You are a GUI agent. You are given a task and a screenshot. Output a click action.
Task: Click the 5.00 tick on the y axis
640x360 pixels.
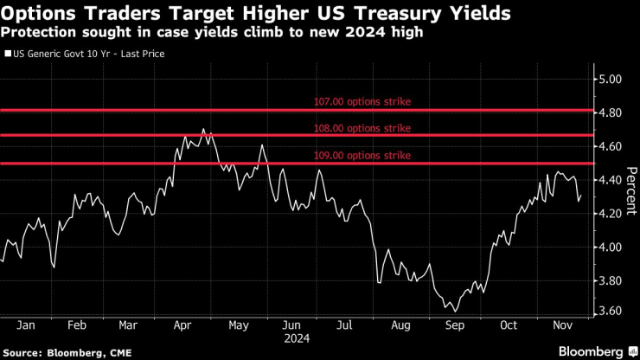point(611,79)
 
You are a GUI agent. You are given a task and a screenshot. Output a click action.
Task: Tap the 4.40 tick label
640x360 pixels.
point(611,180)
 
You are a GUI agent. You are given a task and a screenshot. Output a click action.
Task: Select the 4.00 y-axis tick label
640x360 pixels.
point(611,247)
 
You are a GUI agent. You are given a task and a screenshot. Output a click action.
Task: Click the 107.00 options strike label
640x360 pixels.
point(362,101)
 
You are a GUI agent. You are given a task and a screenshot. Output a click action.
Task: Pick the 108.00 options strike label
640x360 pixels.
point(362,128)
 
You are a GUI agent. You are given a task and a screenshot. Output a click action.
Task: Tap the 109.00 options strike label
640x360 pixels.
point(362,155)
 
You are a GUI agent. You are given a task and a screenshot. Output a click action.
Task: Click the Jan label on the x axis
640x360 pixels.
point(25,325)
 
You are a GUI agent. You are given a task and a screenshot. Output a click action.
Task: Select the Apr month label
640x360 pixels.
point(182,325)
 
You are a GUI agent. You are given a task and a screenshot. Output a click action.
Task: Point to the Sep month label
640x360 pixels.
point(453,325)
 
